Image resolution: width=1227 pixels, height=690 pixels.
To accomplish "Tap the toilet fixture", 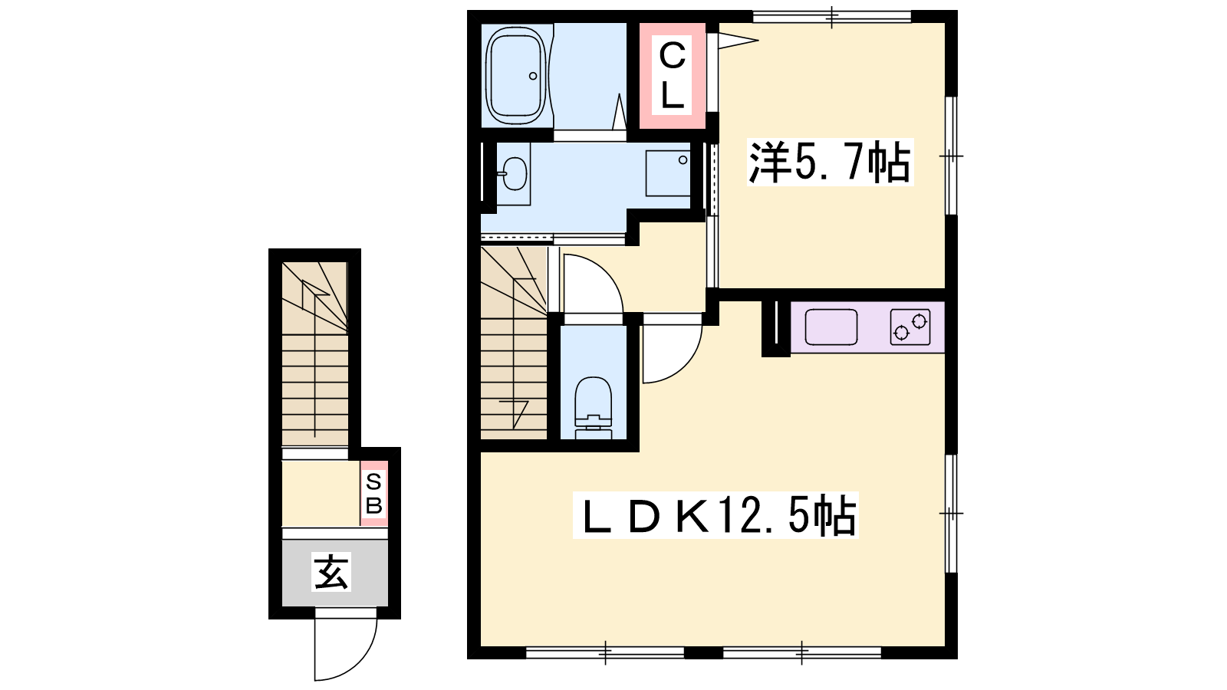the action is tap(594, 407).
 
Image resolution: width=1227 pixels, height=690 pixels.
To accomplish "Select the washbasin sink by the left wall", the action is tap(514, 173).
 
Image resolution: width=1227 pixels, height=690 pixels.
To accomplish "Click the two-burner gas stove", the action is tap(910, 327).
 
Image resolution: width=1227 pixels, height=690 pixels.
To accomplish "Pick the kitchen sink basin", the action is tap(831, 327).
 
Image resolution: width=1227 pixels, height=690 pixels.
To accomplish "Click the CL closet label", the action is tap(672, 76).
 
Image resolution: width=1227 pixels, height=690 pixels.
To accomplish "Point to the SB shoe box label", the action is tap(373, 494).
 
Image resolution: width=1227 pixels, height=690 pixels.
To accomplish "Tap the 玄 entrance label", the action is tap(331, 572).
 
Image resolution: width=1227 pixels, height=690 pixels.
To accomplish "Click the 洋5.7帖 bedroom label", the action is tap(830, 162).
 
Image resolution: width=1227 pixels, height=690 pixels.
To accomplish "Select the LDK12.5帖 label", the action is tap(715, 515).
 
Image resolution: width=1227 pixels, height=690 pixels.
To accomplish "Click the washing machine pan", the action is tap(668, 173).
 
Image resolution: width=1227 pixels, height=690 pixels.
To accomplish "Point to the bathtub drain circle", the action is tap(533, 76).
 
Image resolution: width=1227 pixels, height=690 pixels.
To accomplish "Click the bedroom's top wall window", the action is tap(831, 17).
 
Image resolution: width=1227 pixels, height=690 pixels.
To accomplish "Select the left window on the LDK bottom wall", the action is tap(605, 652).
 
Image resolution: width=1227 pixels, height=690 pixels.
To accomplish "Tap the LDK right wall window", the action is tap(952, 513).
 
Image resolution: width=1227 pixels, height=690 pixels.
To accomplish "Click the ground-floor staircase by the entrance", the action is tap(315, 353).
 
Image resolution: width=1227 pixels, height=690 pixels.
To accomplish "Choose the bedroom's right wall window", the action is tap(952, 156).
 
